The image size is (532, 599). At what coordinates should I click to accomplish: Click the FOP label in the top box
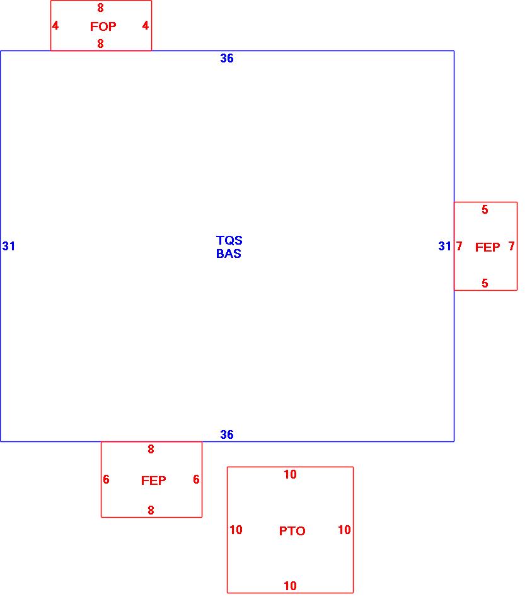[103, 26]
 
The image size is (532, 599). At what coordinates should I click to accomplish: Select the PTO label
[292, 531]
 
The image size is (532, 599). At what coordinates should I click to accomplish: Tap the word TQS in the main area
[229, 240]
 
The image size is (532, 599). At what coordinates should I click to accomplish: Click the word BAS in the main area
[229, 254]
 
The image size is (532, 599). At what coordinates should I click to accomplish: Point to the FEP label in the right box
[487, 247]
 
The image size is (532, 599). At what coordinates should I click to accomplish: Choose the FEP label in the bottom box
[153, 480]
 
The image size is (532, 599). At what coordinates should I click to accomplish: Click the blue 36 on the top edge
[227, 58]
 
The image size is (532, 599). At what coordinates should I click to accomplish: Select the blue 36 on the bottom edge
[227, 434]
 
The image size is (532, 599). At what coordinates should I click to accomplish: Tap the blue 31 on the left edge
[8, 246]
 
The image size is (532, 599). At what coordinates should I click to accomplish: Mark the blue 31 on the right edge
[445, 246]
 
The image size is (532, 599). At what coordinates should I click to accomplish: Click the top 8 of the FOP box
[100, 8]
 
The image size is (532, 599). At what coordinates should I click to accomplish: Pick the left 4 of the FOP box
[55, 26]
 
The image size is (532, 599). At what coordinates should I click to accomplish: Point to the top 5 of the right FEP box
[485, 210]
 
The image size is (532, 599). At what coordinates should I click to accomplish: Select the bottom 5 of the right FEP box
[485, 284]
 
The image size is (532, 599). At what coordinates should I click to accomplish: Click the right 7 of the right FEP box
[511, 247]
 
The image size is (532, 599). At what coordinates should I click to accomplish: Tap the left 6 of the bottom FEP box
[106, 480]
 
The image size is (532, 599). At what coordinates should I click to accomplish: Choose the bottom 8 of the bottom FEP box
[151, 510]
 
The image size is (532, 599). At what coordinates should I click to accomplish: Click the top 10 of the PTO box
[290, 475]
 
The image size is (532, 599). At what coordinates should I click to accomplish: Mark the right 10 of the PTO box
[344, 530]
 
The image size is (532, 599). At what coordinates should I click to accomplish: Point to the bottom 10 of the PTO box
[290, 586]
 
